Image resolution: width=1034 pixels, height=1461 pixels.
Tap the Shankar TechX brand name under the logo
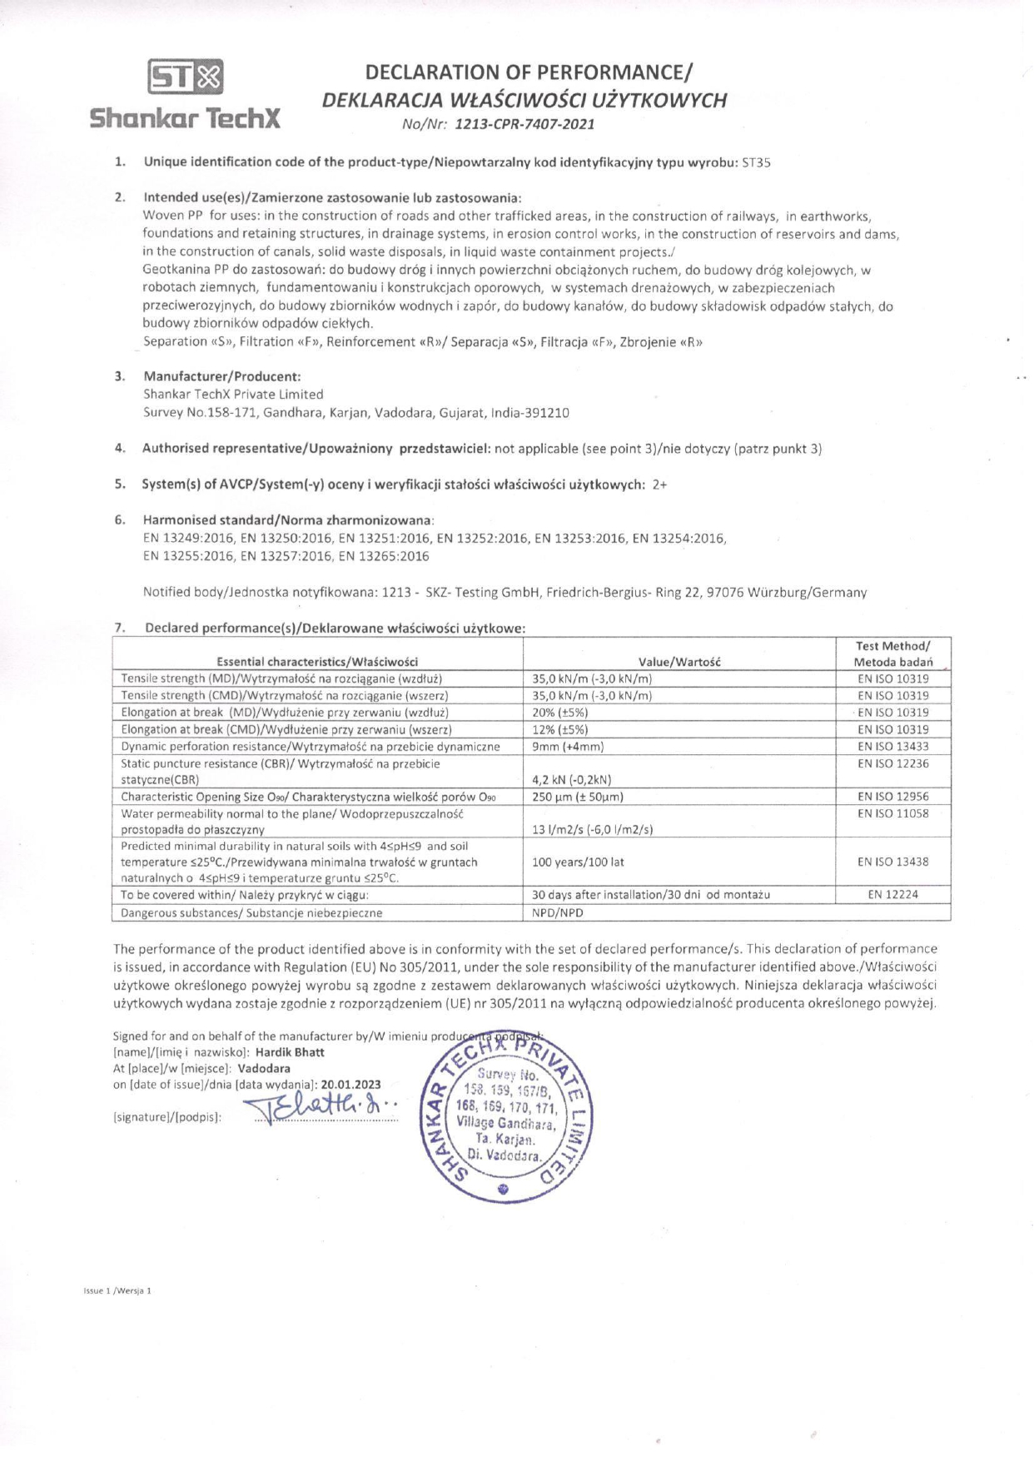tap(185, 118)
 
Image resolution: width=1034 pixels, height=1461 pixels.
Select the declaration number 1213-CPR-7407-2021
tap(525, 125)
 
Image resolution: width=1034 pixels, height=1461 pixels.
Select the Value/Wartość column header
tap(679, 662)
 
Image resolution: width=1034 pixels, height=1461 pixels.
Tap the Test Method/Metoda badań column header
tap(892, 654)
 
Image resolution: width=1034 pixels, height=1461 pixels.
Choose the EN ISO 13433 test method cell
tap(892, 747)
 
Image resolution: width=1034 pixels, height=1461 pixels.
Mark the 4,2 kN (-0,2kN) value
tap(571, 780)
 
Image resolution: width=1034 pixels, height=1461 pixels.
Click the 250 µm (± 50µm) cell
tap(578, 797)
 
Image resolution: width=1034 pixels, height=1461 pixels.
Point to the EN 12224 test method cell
tap(892, 895)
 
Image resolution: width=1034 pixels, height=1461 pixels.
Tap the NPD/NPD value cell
tap(558, 912)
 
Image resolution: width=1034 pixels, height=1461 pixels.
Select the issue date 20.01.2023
tap(350, 1085)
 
